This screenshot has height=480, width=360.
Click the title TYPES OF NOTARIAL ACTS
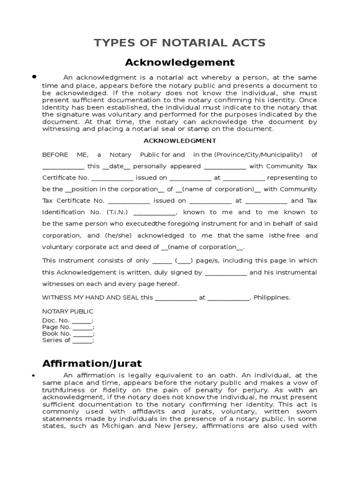tap(180, 43)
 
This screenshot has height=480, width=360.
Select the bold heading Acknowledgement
tap(180, 62)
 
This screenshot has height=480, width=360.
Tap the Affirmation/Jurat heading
tap(92, 363)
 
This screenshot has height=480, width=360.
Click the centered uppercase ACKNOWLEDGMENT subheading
tap(180, 141)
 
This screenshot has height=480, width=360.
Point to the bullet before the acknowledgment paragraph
tap(34, 76)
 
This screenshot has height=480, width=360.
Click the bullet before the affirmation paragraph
tap(34, 375)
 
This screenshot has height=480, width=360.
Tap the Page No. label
tap(56, 327)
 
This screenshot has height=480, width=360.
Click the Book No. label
tap(57, 334)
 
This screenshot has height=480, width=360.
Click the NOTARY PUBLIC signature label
tap(67, 311)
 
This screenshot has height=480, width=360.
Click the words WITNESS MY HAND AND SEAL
tap(90, 297)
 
